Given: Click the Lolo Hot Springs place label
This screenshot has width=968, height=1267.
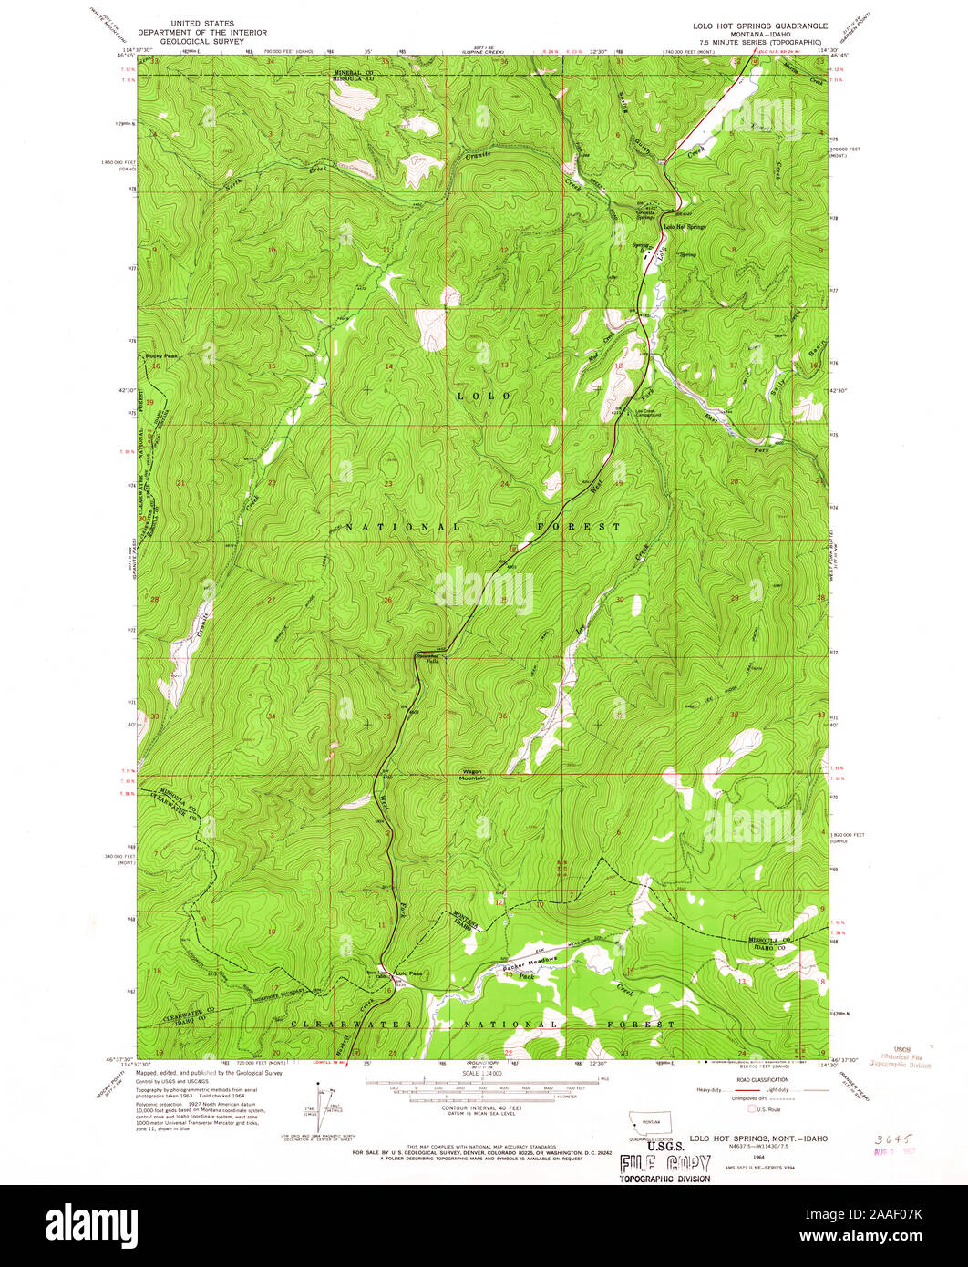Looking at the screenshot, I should (685, 226).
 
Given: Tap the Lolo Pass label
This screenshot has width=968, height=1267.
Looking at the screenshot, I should (407, 973).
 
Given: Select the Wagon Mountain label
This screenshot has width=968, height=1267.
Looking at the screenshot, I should (472, 775).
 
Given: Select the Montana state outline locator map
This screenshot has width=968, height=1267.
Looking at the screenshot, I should (649, 1122).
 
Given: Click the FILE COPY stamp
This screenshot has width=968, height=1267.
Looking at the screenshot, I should (664, 1163).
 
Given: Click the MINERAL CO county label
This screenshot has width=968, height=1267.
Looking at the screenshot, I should (353, 71).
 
